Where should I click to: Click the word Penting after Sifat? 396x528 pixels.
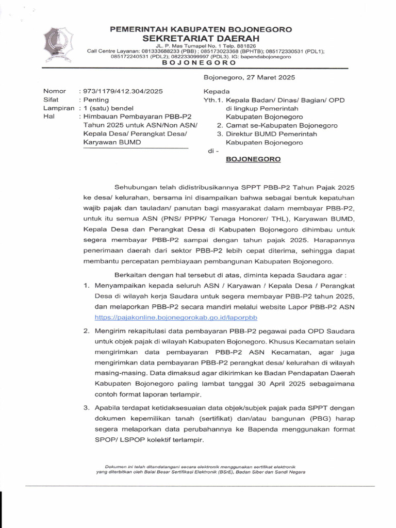[96, 100]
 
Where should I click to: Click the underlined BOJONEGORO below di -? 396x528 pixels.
[254, 159]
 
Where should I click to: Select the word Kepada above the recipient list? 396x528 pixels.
[217, 91]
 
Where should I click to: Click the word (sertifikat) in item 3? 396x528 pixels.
[242, 417]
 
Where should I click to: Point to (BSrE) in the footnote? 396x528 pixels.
[224, 471]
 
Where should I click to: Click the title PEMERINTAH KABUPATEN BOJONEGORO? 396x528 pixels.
[201, 29]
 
